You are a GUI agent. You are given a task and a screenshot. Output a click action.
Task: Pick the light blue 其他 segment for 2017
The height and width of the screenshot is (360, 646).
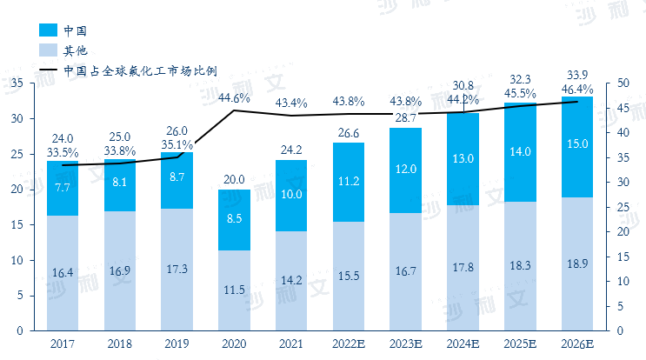coord(63,272)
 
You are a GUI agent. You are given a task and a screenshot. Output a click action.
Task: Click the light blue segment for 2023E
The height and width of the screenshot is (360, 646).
coord(406,271)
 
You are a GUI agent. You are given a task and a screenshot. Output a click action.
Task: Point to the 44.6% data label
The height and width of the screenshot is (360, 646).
coord(234,98)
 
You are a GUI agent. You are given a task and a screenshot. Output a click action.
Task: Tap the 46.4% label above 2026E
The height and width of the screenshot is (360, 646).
coord(577,89)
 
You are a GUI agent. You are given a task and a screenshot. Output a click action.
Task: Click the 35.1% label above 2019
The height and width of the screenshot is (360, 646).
coord(177,145)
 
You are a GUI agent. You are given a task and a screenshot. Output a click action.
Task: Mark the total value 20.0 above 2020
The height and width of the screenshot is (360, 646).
coord(234,179)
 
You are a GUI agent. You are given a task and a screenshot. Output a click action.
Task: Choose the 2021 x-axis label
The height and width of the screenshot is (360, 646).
coord(291,343)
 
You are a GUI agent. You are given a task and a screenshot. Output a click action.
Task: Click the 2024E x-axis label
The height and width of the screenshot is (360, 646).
coord(463,343)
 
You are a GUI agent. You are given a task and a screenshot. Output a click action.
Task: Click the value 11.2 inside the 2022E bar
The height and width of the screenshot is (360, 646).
coord(349,182)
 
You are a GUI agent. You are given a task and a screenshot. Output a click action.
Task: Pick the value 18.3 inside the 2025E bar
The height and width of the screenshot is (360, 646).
coord(519,265)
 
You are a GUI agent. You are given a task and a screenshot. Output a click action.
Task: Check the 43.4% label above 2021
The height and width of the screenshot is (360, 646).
coord(291,103)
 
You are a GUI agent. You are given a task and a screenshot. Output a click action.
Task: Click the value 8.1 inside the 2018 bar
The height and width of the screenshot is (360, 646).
coord(120,183)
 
